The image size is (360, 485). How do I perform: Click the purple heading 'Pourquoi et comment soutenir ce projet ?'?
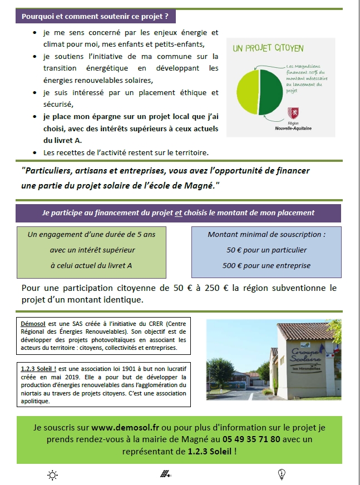(x=95, y=16)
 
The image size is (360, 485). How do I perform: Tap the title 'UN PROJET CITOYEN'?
(x=268, y=49)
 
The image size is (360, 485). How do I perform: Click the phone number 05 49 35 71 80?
(x=268, y=439)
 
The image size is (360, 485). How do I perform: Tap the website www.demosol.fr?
(x=119, y=428)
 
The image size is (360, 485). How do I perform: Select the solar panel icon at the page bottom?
(x=165, y=474)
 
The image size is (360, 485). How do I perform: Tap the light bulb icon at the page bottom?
(x=281, y=474)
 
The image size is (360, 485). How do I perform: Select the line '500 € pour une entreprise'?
(x=267, y=265)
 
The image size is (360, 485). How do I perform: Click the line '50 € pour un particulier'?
(x=267, y=250)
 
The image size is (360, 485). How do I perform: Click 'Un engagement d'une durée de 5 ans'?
(x=91, y=234)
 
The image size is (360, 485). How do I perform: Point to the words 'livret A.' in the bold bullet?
(x=58, y=141)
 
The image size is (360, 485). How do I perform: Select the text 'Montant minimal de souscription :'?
(x=267, y=234)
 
